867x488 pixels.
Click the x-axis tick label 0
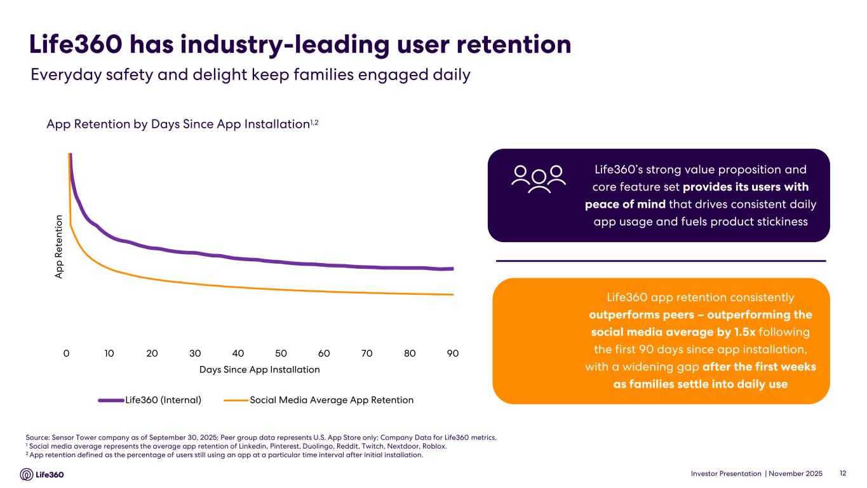(x=66, y=353)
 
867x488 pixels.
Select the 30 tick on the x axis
(x=195, y=353)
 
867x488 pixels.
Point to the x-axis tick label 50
(x=281, y=353)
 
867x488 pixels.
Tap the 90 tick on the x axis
(x=452, y=353)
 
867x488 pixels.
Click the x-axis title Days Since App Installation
(x=259, y=369)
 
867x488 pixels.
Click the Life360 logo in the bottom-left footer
(x=43, y=475)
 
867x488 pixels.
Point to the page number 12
(x=843, y=473)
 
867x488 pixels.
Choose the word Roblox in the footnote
(x=434, y=446)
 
